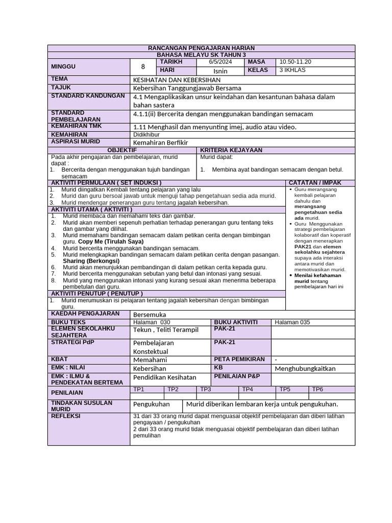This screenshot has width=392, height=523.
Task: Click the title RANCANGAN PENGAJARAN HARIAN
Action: click(201, 48)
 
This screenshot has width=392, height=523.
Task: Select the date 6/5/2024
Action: click(220, 62)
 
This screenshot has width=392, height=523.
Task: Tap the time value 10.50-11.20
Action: click(296, 62)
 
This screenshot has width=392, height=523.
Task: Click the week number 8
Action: click(143, 66)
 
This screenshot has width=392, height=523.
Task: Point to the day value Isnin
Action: click(220, 71)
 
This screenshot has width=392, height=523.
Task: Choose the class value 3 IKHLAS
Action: click(292, 70)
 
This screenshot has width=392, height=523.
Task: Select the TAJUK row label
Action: click(60, 88)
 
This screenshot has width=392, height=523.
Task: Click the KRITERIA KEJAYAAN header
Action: click(231, 150)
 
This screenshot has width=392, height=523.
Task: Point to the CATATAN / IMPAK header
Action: click(315, 183)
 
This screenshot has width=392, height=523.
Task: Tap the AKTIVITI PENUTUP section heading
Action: click(96, 294)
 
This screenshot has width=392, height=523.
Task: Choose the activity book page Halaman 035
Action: click(292, 322)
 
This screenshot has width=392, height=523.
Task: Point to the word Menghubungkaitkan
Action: click(305, 368)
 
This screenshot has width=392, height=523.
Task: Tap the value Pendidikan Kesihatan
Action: click(164, 377)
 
